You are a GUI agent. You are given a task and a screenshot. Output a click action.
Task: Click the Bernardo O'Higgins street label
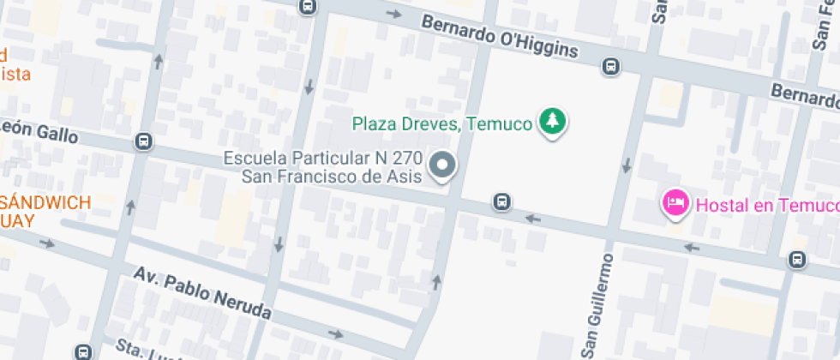[x=499, y=36]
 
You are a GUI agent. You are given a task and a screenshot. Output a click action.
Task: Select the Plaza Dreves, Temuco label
[x=441, y=123]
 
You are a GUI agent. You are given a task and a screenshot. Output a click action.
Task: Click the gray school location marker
[x=442, y=165]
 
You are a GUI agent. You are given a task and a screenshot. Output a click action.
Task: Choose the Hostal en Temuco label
[x=765, y=205]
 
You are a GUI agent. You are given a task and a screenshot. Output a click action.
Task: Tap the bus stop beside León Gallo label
[x=144, y=141]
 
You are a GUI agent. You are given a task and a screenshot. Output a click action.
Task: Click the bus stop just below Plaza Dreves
[x=501, y=202]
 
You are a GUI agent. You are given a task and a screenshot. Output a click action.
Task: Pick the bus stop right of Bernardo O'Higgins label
[x=610, y=66]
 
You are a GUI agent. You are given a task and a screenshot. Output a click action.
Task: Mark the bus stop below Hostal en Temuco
[x=797, y=259]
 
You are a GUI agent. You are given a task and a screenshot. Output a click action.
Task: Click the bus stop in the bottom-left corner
[x=83, y=351]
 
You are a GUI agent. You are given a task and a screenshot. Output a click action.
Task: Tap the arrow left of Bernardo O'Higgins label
[x=393, y=14]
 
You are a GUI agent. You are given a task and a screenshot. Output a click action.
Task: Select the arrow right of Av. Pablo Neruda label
[x=336, y=333]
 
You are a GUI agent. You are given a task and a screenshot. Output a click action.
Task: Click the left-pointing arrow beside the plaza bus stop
[x=533, y=219]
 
